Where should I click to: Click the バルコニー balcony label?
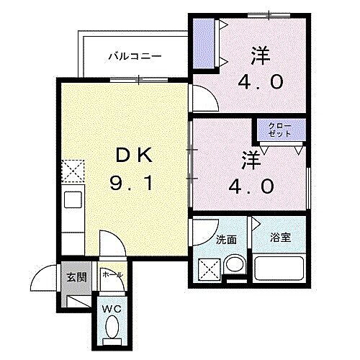coord(135,55)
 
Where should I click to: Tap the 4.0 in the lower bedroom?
coord(252,186)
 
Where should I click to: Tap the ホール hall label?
coord(112,274)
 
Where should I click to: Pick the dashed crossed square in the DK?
coord(73,171)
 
